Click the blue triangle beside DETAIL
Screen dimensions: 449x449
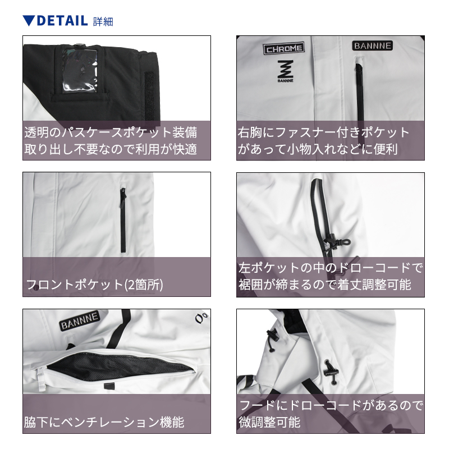pyautogui.click(x=29, y=20)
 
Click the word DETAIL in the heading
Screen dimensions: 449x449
pyautogui.click(x=62, y=21)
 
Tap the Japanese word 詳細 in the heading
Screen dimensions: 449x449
pyautogui.click(x=103, y=21)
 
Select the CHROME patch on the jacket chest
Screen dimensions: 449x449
pyautogui.click(x=284, y=48)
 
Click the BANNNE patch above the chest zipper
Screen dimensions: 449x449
pyautogui.click(x=372, y=45)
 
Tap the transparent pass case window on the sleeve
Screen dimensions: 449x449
pyautogui.click(x=79, y=70)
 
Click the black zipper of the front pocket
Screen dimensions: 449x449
pyautogui.click(x=123, y=220)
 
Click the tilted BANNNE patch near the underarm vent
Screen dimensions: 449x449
pyautogui.click(x=80, y=320)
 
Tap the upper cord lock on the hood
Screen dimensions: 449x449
pyautogui.click(x=273, y=336)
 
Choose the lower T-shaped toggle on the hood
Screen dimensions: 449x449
pyautogui.click(x=331, y=372)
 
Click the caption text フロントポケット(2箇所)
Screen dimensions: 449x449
pyautogui.click(x=94, y=285)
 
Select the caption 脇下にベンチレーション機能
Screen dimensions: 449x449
pyautogui.click(x=104, y=422)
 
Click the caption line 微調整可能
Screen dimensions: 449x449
pyautogui.click(x=269, y=422)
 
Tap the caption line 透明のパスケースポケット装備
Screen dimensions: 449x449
pyautogui.click(x=111, y=132)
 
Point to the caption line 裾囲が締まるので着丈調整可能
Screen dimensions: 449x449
pyautogui.click(x=325, y=285)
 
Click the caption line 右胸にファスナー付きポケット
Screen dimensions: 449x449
pyautogui.click(x=324, y=132)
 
